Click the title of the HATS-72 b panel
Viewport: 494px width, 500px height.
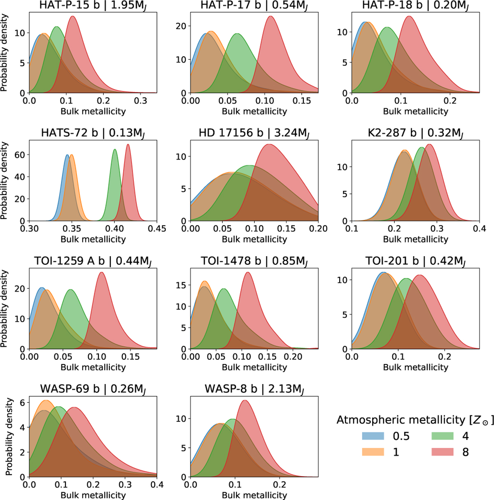click(93, 134)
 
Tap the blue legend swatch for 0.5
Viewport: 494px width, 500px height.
click(373, 436)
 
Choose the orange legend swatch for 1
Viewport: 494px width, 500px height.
click(373, 452)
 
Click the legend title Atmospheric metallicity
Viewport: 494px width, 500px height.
click(415, 420)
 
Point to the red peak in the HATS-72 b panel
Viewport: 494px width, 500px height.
click(128, 145)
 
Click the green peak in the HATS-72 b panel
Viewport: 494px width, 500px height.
click(115, 150)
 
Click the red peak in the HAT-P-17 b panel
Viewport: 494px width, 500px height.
click(270, 17)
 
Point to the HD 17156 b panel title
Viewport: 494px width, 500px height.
click(254, 134)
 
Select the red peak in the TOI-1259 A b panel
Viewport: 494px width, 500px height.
click(102, 273)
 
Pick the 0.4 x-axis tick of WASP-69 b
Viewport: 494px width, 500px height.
click(157, 485)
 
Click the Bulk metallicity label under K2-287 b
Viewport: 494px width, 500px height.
click(415, 239)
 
